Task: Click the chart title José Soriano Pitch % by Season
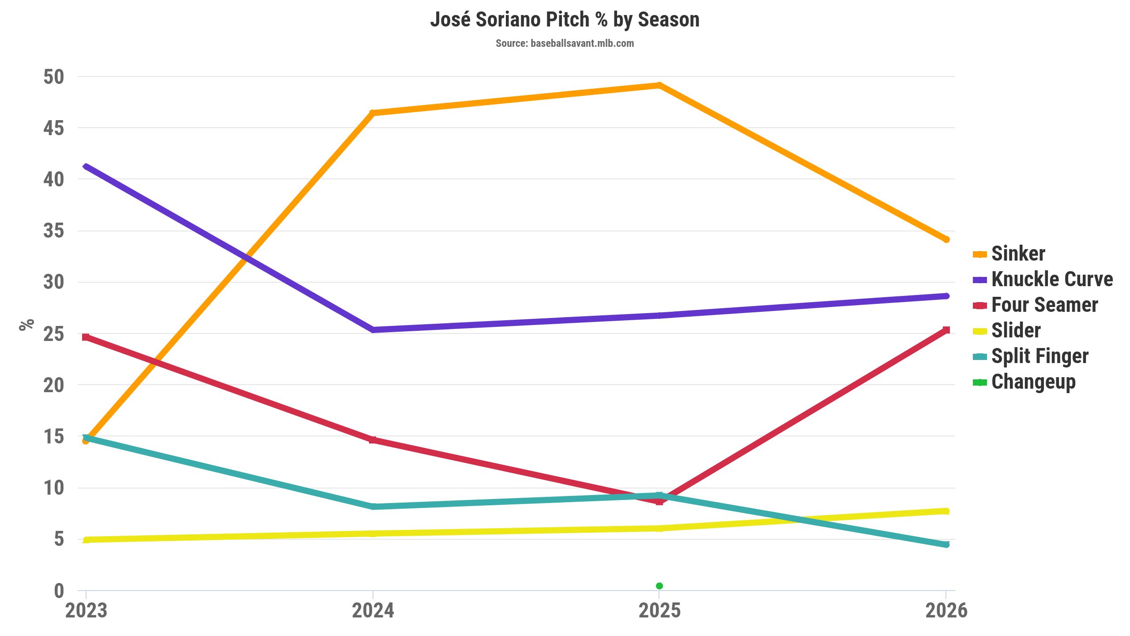pyautogui.click(x=565, y=20)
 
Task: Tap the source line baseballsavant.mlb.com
pyautogui.click(x=565, y=43)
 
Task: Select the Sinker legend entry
pyautogui.click(x=1018, y=254)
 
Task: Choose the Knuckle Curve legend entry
pyautogui.click(x=1052, y=279)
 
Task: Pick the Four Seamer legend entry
pyautogui.click(x=1044, y=305)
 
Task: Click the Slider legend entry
pyautogui.click(x=1016, y=330)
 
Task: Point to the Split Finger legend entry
pyautogui.click(x=1040, y=356)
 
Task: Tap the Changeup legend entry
pyautogui.click(x=1033, y=382)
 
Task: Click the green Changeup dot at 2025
pyautogui.click(x=659, y=586)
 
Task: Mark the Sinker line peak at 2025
pyautogui.click(x=659, y=85)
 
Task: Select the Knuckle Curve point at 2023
pyautogui.click(x=86, y=167)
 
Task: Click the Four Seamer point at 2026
pyautogui.click(x=946, y=330)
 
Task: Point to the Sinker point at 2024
pyautogui.click(x=373, y=113)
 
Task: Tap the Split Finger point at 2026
pyautogui.click(x=946, y=545)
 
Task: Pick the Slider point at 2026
pyautogui.click(x=946, y=511)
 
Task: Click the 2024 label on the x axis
pyautogui.click(x=373, y=611)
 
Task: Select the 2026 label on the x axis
pyautogui.click(x=946, y=611)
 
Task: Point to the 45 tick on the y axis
pyautogui.click(x=53, y=128)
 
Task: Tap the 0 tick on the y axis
pyautogui.click(x=59, y=591)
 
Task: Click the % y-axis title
pyautogui.click(x=26, y=325)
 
